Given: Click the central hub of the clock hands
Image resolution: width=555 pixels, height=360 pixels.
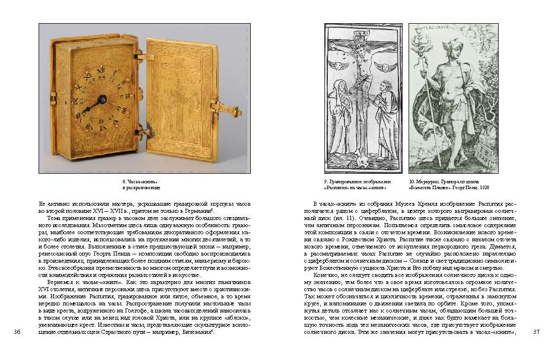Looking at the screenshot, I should pos(101,100).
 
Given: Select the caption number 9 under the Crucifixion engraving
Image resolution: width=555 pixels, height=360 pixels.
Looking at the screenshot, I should pos(326,181).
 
